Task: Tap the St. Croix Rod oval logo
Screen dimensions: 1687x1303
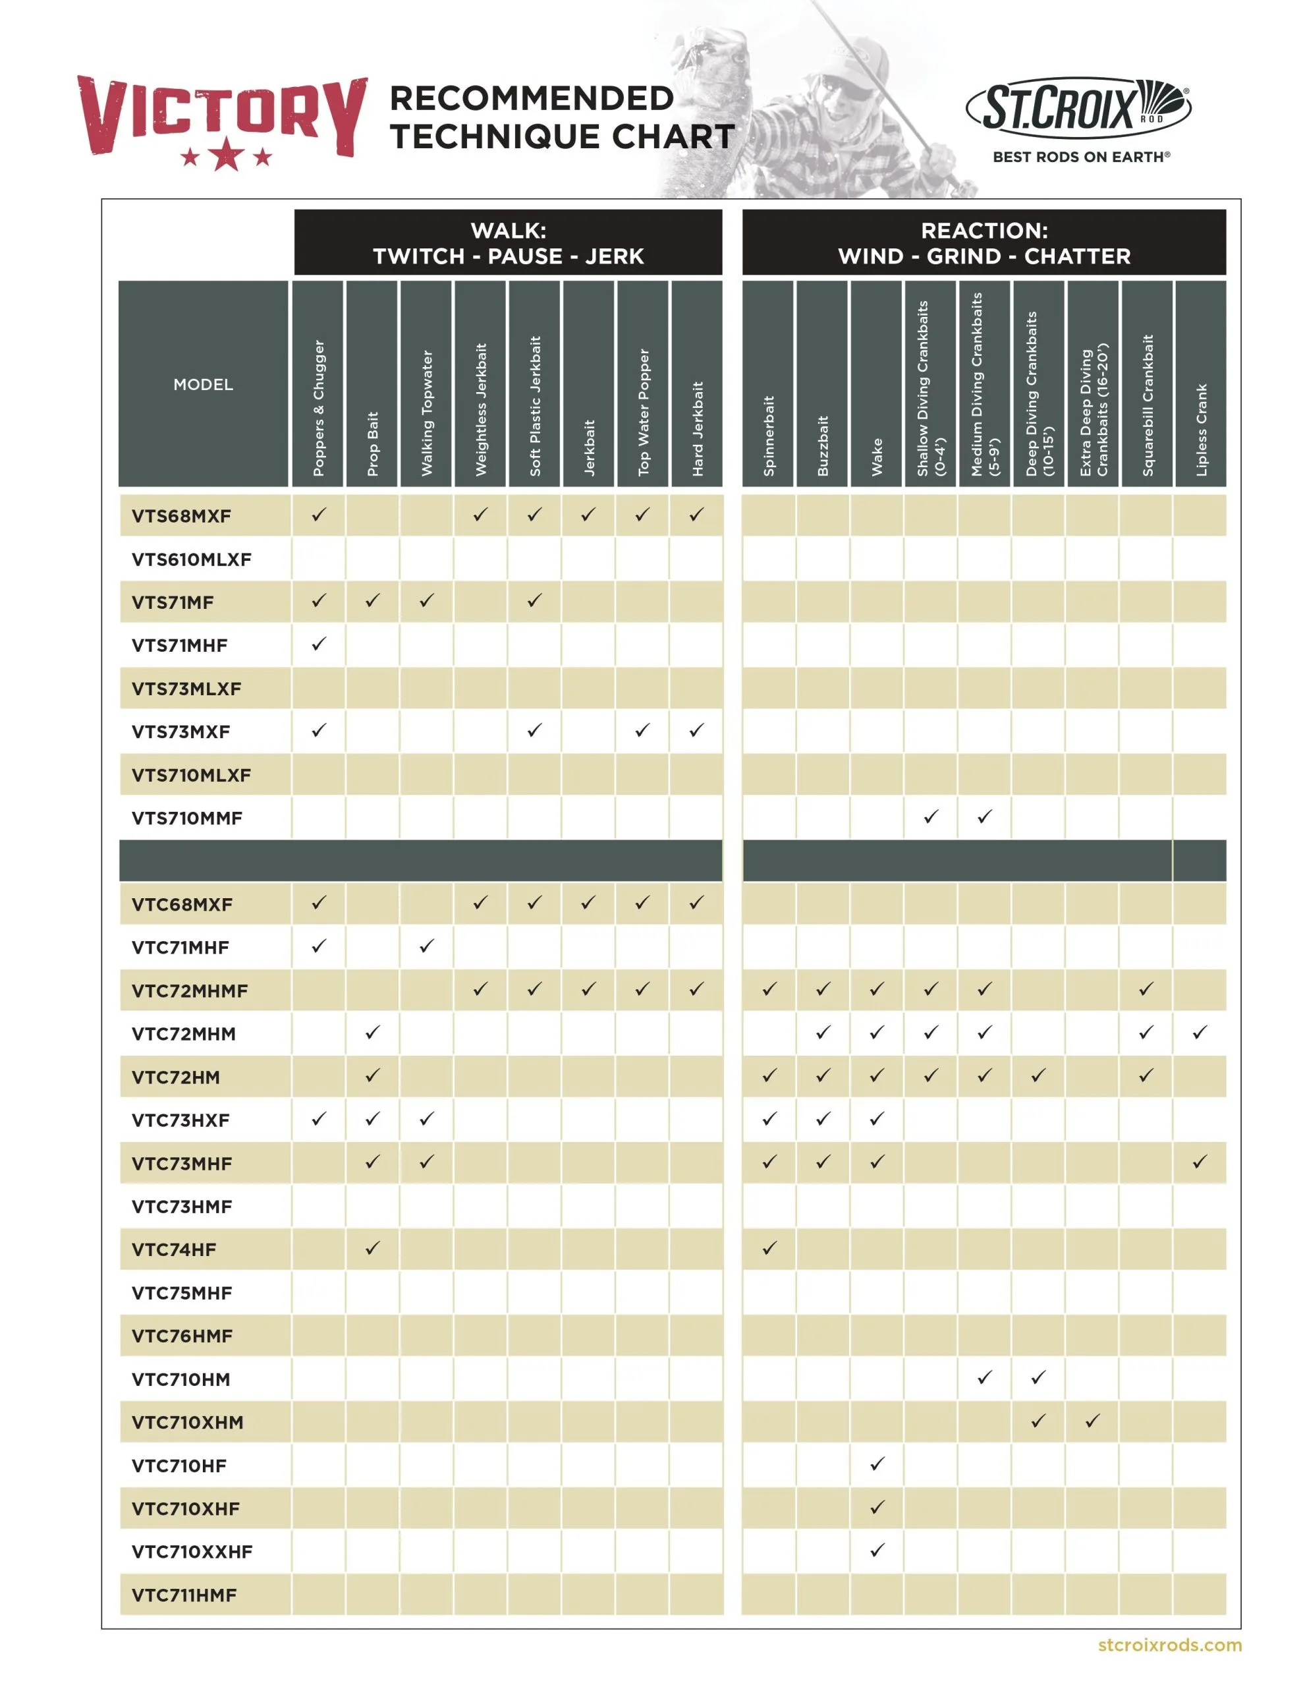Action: [x=1078, y=107]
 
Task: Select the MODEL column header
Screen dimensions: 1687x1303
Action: [x=203, y=384]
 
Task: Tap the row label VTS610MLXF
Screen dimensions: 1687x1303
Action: [x=192, y=559]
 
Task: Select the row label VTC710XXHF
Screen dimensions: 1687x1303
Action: [x=192, y=1551]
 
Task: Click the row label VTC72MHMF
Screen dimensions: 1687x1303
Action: [x=190, y=991]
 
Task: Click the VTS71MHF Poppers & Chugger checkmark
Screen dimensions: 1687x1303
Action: [x=319, y=643]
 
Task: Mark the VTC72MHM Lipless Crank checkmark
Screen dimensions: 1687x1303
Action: [x=1200, y=1032]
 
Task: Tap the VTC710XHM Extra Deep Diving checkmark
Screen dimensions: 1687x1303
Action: [x=1092, y=1421]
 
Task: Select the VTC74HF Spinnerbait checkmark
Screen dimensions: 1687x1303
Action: [x=769, y=1247]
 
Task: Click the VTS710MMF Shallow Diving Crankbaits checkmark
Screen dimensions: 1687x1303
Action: [x=931, y=816]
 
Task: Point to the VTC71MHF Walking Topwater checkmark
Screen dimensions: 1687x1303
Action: [x=426, y=946]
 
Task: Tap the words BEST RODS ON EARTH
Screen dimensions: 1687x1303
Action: [x=1080, y=157]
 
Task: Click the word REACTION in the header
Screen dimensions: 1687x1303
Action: [x=984, y=230]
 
